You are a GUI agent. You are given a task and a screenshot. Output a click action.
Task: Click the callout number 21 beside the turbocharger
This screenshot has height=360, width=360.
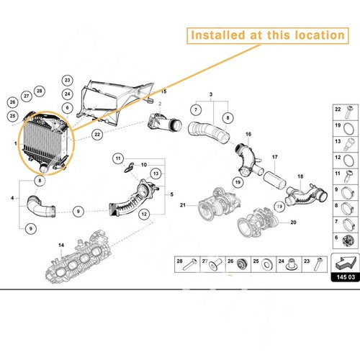[183, 206]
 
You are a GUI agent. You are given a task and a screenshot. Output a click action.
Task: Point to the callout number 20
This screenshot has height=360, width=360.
[293, 222]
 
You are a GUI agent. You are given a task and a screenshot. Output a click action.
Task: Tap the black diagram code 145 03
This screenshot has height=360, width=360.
[341, 277]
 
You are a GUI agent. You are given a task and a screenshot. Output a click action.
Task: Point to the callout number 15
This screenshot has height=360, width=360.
[163, 93]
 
